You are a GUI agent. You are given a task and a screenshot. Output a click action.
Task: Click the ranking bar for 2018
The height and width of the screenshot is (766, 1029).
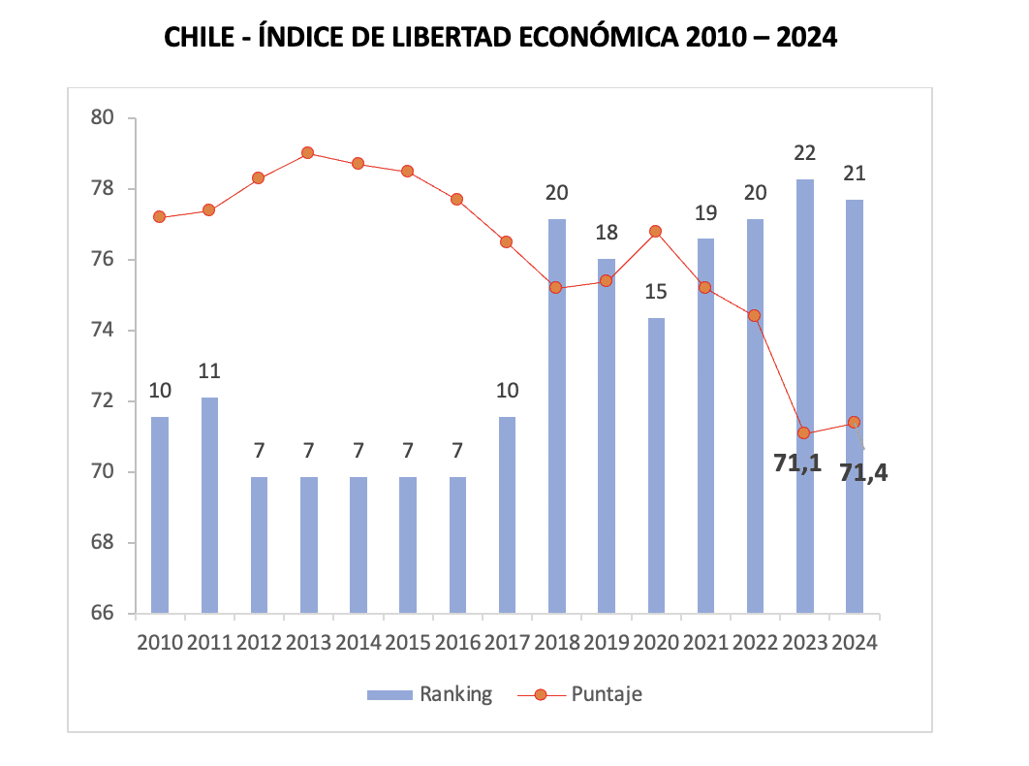point(557,417)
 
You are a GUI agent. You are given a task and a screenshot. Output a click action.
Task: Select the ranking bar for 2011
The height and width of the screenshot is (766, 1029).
point(209,505)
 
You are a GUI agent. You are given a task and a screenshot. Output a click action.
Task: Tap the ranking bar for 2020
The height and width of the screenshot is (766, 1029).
point(656,465)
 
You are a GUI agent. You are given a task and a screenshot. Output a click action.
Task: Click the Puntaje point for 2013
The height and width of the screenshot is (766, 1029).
point(308,153)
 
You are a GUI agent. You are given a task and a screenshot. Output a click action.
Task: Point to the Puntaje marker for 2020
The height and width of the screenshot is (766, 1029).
point(656,231)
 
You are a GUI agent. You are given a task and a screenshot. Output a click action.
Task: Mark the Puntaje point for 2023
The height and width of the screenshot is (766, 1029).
point(804,432)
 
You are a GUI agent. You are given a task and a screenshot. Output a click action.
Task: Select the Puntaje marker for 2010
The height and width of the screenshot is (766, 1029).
point(159,217)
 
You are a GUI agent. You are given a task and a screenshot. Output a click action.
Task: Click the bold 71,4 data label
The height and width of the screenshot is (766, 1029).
point(864,474)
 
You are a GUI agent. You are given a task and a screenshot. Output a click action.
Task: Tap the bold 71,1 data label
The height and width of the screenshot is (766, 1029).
point(797,463)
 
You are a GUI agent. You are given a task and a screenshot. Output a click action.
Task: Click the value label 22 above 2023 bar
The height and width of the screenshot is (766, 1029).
point(804,153)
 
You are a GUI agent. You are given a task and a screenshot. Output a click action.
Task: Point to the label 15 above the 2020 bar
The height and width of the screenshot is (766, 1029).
point(656,292)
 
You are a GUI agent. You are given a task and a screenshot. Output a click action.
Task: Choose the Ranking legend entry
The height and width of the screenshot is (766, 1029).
point(429,694)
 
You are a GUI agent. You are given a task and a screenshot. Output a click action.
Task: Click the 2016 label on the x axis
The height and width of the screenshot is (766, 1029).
point(457,642)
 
